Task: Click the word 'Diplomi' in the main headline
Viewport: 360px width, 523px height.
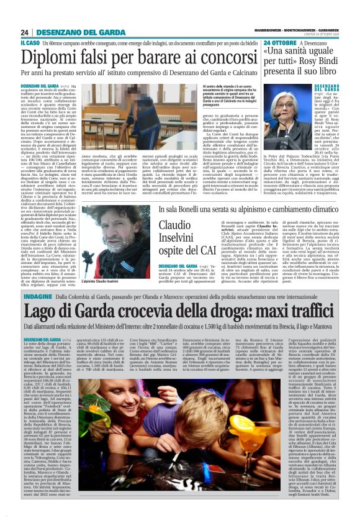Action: pos(47,57)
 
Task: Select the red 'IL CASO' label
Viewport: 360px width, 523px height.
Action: pos(28,43)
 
